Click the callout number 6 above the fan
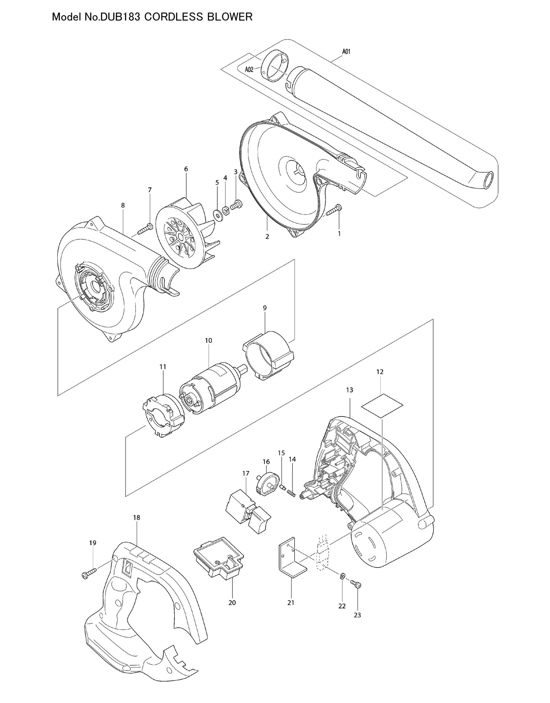point(186,169)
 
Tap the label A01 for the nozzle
point(346,51)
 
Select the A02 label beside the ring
point(249,69)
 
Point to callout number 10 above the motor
point(208,340)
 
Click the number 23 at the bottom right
point(357,615)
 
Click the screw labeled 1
point(333,211)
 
